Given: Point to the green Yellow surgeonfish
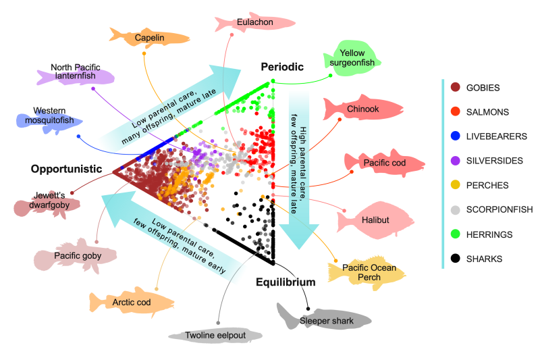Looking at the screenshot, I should [353, 57].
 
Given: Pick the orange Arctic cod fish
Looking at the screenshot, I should [132, 303].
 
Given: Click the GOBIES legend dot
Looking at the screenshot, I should [455, 88].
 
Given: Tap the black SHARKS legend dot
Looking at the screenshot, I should [455, 259].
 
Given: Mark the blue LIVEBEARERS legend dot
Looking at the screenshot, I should [455, 136].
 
